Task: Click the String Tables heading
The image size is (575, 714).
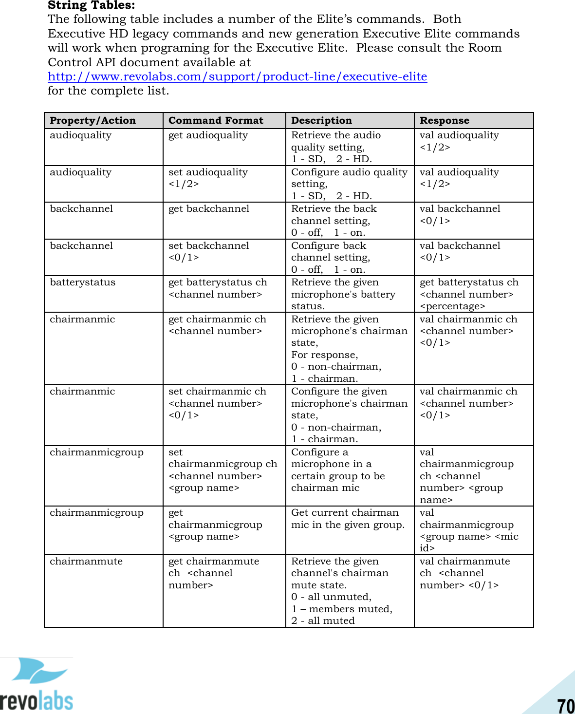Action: [92, 5]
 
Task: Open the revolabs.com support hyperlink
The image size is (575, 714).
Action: [237, 76]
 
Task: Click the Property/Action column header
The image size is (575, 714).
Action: [93, 120]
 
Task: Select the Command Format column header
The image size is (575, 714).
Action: [216, 120]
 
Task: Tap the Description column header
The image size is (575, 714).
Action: [321, 120]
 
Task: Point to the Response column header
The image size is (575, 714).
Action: [445, 120]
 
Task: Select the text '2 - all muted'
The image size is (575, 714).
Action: [323, 620]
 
